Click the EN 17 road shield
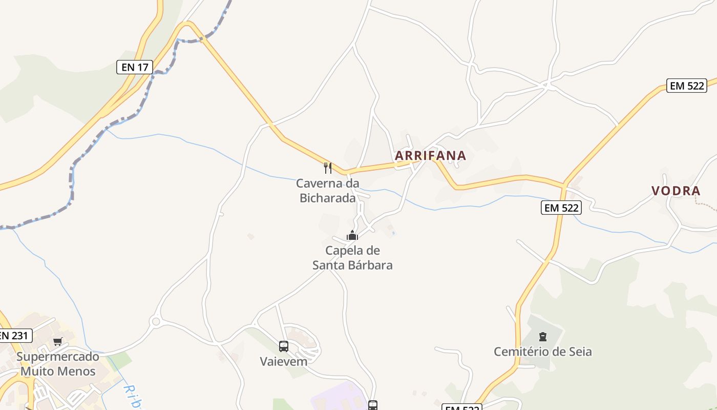pyautogui.click(x=135, y=67)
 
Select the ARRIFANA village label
pyautogui.click(x=431, y=155)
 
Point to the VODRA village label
pyautogui.click(x=676, y=191)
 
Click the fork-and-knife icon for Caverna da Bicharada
pyautogui.click(x=328, y=168)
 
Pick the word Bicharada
pyautogui.click(x=328, y=198)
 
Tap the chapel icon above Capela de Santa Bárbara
pyautogui.click(x=352, y=236)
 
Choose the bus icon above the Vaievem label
pyautogui.click(x=284, y=346)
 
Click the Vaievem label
pyautogui.click(x=284, y=361)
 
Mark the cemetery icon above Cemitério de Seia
pyautogui.click(x=542, y=337)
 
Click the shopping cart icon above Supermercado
pyautogui.click(x=57, y=341)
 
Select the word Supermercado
pyautogui.click(x=58, y=356)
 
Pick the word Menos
pyautogui.click(x=77, y=371)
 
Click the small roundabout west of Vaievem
pyautogui.click(x=156, y=321)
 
